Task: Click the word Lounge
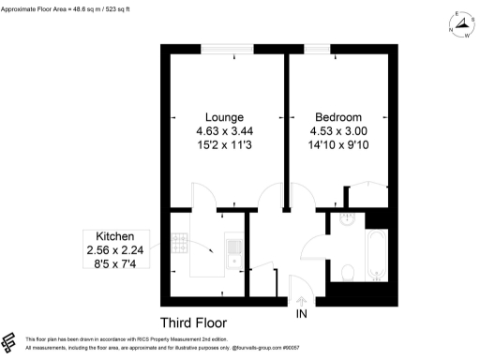pyautogui.click(x=224, y=115)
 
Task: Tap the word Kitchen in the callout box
pyautogui.click(x=113, y=236)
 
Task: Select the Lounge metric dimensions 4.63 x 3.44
pyautogui.click(x=224, y=131)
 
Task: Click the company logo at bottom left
pyautogui.click(x=10, y=341)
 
